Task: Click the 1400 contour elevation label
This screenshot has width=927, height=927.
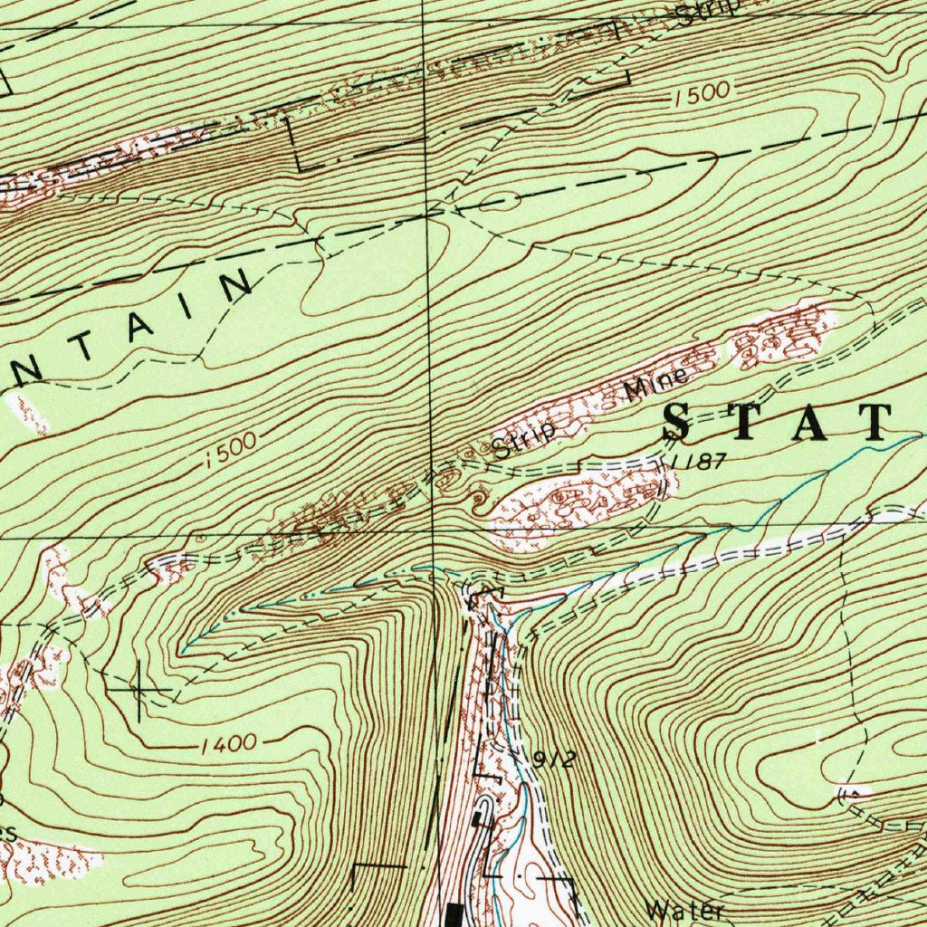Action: (x=228, y=745)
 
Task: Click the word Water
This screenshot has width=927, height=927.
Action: (x=686, y=910)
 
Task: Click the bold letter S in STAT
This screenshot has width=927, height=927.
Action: (x=685, y=422)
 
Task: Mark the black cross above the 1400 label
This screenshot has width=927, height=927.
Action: (x=139, y=691)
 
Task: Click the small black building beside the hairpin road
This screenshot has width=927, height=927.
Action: (x=477, y=818)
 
